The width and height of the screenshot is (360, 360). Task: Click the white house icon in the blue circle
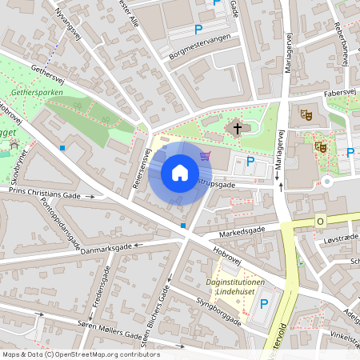click(179, 173)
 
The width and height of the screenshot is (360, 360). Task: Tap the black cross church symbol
click(236, 127)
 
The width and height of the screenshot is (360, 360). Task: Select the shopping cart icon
click(205, 156)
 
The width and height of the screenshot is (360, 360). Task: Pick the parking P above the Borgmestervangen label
click(198, 30)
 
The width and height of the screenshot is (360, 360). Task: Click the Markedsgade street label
click(241, 231)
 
